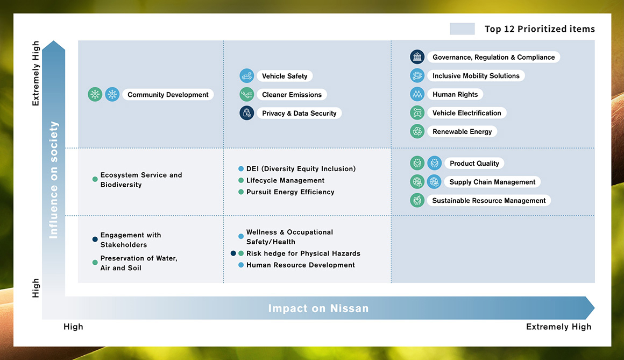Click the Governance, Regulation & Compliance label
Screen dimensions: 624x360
coord(493,57)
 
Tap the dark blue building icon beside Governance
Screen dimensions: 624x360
coord(417,57)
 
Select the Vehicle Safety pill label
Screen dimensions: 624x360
coord(285,76)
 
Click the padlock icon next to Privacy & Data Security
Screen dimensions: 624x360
coord(247,113)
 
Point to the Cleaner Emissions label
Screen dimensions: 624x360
coord(292,94)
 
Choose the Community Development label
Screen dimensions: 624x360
coord(168,94)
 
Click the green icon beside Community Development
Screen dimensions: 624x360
coord(95,94)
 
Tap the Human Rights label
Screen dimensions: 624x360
coord(455,94)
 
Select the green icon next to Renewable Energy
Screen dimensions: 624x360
coord(417,131)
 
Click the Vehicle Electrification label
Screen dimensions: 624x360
coord(467,112)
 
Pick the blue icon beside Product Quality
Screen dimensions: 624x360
coord(434,163)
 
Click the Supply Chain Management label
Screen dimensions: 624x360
coord(492,182)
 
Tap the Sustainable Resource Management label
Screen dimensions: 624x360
coord(488,200)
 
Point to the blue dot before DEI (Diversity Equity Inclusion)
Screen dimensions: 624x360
coord(241,169)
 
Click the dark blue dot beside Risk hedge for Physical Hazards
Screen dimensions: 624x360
coord(233,253)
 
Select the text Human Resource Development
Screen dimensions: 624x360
coord(301,265)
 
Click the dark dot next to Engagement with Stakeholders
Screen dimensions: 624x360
coord(95,239)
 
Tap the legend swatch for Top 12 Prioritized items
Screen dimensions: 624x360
coord(462,29)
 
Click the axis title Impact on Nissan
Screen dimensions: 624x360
coord(318,308)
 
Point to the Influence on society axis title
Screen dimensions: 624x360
coord(53,180)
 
